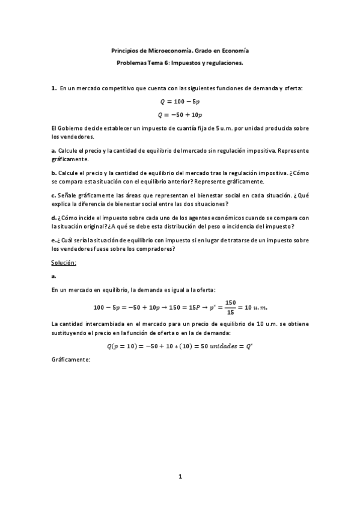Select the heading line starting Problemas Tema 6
pyautogui.click(x=180, y=62)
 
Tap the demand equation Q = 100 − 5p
pyautogui.click(x=180, y=102)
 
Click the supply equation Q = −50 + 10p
pyautogui.click(x=180, y=114)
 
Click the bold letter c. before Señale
pyautogui.click(x=53, y=195)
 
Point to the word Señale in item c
pyautogui.click(x=69, y=195)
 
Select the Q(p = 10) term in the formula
pyautogui.click(x=124, y=346)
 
